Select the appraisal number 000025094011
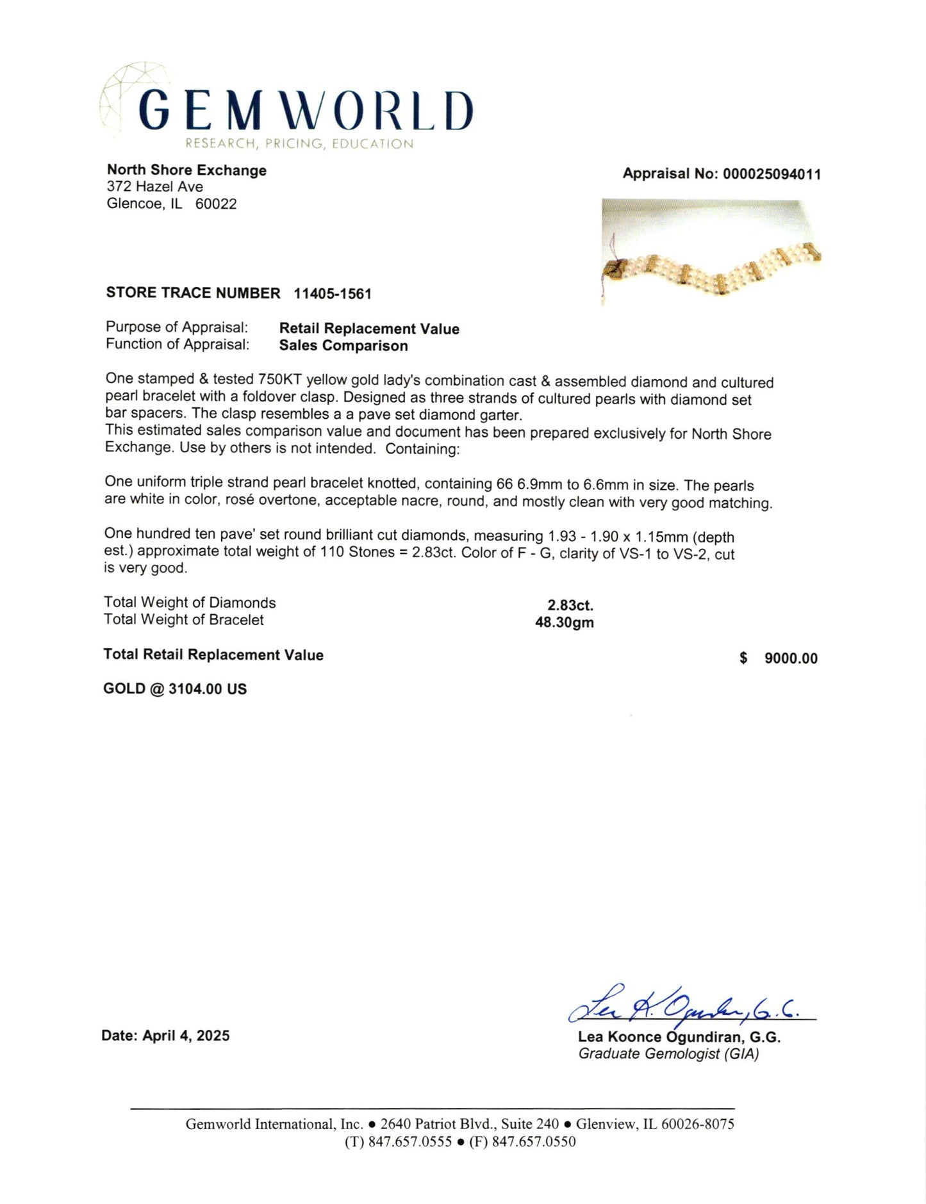(772, 174)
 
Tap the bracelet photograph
(711, 252)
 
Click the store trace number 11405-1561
(333, 294)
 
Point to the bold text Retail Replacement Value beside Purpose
(369, 329)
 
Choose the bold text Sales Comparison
(343, 346)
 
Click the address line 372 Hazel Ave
(155, 187)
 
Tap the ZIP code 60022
(216, 204)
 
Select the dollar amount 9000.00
(791, 658)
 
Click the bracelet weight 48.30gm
(564, 622)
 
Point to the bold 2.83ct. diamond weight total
(570, 605)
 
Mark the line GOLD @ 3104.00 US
(175, 689)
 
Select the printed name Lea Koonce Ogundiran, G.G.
(679, 1037)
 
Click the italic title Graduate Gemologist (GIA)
(668, 1054)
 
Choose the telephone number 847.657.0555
(409, 1142)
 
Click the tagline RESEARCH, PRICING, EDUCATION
(299, 144)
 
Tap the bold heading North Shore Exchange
(186, 170)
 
